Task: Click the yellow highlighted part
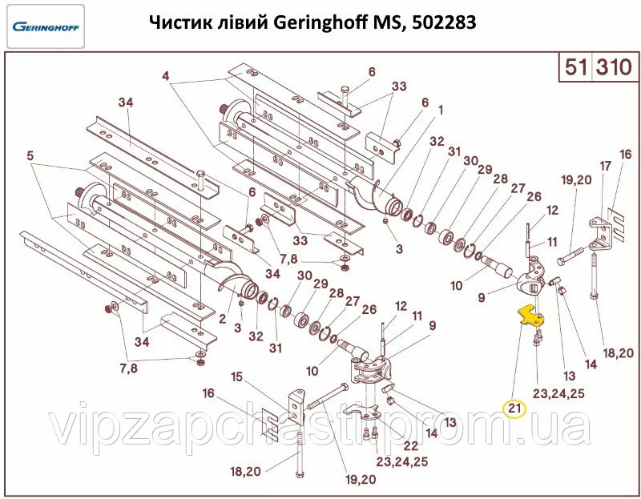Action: [529, 316]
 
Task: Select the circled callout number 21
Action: [514, 408]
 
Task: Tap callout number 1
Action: [440, 110]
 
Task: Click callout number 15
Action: [236, 376]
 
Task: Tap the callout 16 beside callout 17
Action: [626, 153]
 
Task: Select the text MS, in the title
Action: [389, 24]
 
